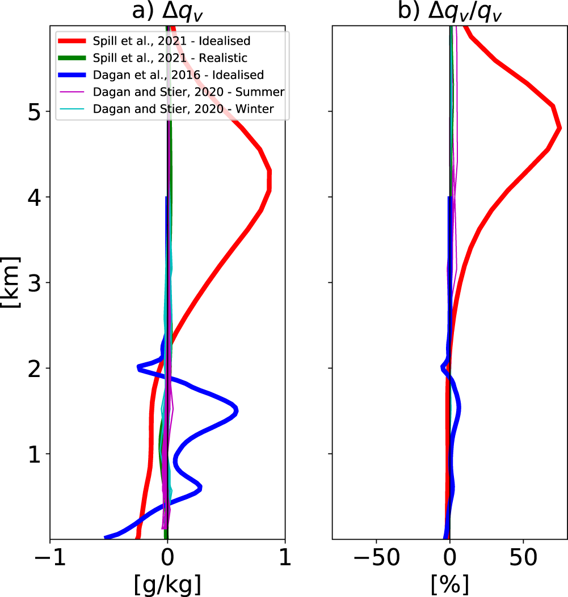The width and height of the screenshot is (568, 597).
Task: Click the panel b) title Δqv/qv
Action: point(449,11)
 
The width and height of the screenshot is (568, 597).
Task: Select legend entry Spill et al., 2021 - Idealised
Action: point(171,41)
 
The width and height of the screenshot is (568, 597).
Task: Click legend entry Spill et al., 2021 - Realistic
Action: point(170,58)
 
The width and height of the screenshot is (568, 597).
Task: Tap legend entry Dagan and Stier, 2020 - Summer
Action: point(188,92)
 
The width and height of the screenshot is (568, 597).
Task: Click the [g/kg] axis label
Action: point(167,584)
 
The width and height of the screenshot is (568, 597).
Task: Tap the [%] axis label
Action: point(449,584)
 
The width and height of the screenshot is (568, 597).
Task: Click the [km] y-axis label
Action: point(10,282)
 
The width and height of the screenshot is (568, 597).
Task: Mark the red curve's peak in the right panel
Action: point(559,128)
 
